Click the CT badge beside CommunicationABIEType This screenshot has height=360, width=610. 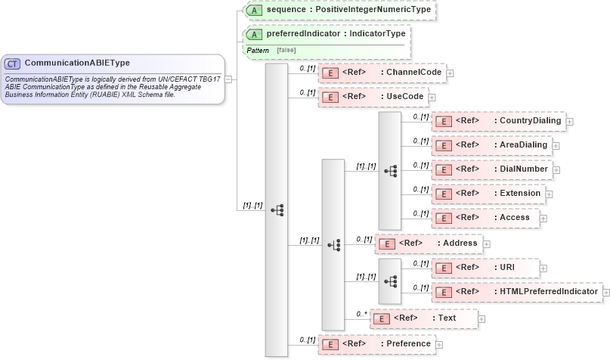click(13, 64)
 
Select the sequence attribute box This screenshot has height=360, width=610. click(338, 10)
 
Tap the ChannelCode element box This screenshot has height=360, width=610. click(382, 73)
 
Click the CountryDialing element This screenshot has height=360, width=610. click(499, 121)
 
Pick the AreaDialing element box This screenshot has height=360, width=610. click(491, 144)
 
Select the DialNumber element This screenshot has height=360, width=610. click(492, 169)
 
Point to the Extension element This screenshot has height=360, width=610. click(488, 194)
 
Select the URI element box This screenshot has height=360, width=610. click(485, 267)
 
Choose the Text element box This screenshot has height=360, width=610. click(423, 318)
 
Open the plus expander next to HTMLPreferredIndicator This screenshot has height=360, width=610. click(605, 292)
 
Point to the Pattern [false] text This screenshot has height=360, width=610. click(270, 50)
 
